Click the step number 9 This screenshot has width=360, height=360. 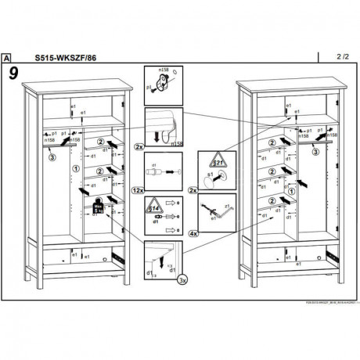click(x=14, y=74)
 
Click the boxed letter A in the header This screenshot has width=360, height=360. click(x=8, y=57)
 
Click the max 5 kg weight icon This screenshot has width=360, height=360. click(x=99, y=207)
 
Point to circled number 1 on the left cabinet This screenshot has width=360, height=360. click(x=75, y=168)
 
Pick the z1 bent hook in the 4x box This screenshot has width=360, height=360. click(x=214, y=213)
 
